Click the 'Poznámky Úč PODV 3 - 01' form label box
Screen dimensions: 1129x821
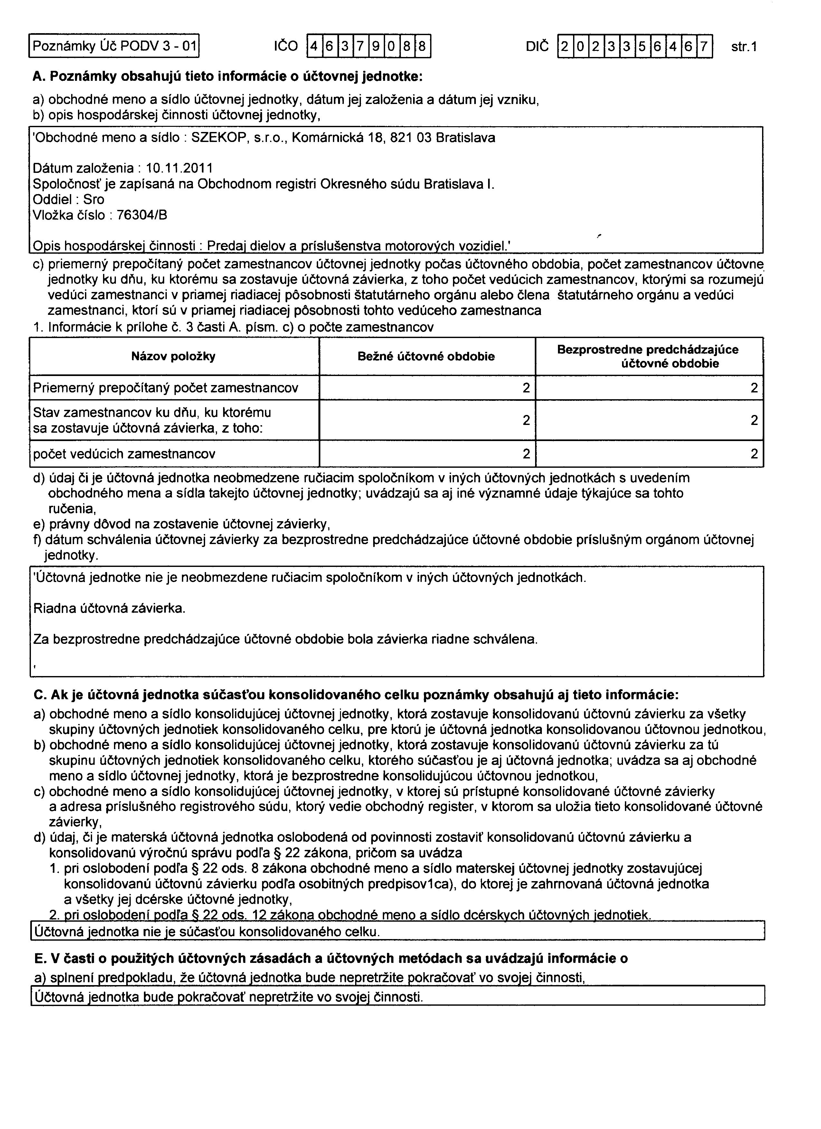[x=114, y=46]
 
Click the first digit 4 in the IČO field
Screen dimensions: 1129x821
[x=314, y=46]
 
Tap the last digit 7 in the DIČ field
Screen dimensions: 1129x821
[x=703, y=46]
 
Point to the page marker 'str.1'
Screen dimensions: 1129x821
[x=744, y=47]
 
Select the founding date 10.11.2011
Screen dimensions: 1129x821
[x=179, y=169]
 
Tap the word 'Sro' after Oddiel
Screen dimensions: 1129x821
[x=94, y=200]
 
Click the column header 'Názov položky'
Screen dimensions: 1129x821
[x=173, y=356]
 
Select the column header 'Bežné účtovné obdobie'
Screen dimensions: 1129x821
[x=426, y=356]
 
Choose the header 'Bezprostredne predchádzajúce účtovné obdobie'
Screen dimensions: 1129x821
[x=648, y=356]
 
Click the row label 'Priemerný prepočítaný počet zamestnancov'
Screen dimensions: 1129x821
[x=165, y=388]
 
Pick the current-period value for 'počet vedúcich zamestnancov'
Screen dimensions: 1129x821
[x=526, y=454]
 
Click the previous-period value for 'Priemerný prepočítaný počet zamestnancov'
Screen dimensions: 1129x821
[x=754, y=388]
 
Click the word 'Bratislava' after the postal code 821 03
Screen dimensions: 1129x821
[x=466, y=138]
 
